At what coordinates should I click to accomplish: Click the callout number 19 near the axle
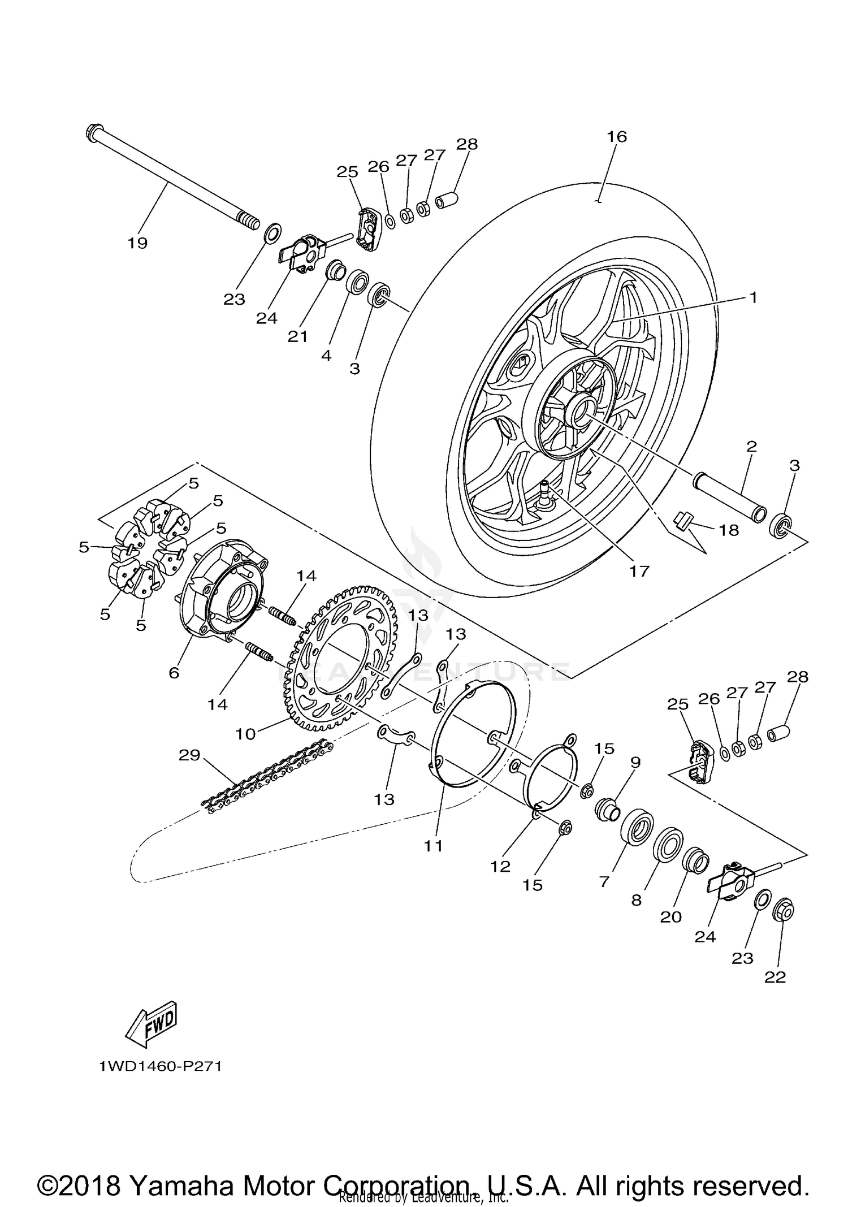(137, 243)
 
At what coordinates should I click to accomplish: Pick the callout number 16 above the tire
(617, 136)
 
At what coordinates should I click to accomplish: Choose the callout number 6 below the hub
(174, 673)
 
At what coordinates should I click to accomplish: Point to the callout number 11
(434, 846)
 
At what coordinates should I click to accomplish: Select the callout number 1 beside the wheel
(753, 297)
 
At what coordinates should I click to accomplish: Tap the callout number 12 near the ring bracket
(500, 866)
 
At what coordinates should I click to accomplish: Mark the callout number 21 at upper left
(298, 336)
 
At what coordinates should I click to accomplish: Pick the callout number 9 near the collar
(635, 763)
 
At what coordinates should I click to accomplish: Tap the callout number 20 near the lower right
(671, 916)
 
